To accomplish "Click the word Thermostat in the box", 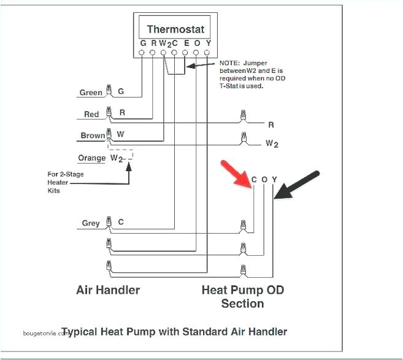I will [x=175, y=29].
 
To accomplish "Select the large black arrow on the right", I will [x=296, y=184].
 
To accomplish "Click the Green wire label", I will [x=91, y=93].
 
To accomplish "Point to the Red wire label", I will [x=91, y=114].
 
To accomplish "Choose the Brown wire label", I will [x=93, y=136].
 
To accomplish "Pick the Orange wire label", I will [x=92, y=158].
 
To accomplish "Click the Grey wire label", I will [x=91, y=223].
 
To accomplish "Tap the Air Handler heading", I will [x=108, y=289].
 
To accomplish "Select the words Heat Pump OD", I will [x=243, y=289].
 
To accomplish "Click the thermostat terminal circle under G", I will [x=142, y=53].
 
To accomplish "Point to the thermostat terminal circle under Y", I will [x=207, y=53].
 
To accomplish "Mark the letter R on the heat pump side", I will [x=271, y=124].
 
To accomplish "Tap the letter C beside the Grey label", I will [x=121, y=222].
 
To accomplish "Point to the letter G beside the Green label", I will [x=121, y=92].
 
